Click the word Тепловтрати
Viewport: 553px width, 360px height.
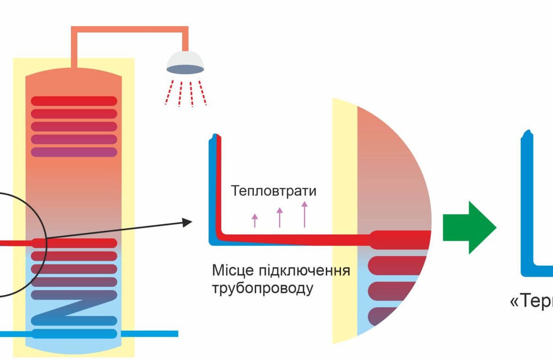(274, 190)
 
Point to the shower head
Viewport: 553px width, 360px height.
(185, 62)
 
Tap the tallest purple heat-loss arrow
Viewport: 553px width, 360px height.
(304, 214)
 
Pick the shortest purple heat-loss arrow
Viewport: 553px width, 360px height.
(255, 220)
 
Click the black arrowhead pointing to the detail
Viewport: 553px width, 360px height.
(187, 222)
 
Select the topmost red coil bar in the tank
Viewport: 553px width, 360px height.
(74, 101)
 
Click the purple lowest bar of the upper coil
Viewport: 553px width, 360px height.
(74, 152)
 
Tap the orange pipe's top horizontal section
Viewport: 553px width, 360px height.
(129, 29)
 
